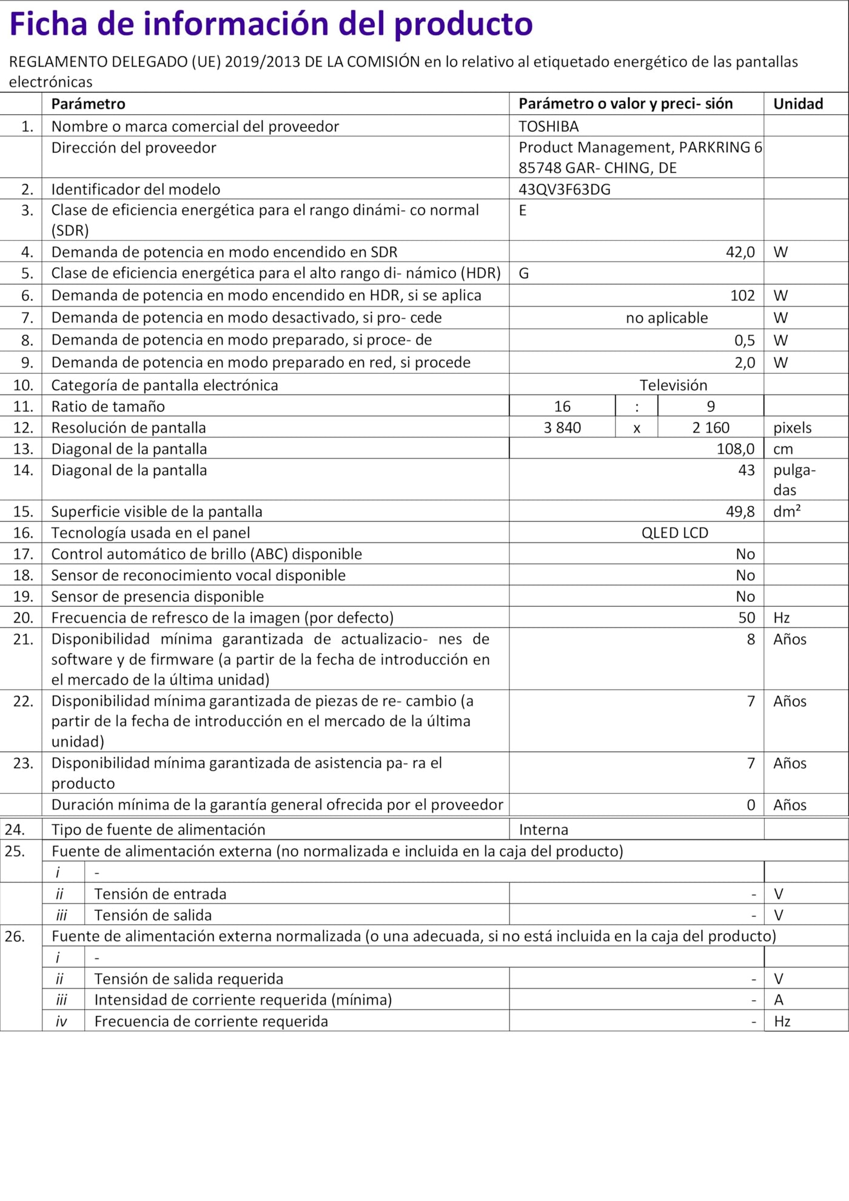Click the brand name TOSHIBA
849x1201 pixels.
[x=548, y=126]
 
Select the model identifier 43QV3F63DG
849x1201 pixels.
[x=564, y=189]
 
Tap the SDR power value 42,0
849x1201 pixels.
[x=740, y=252]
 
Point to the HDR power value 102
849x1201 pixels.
[x=742, y=296]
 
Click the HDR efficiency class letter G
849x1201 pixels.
[x=524, y=274]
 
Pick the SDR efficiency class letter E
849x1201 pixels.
[x=523, y=211]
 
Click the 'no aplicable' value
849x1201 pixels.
[x=666, y=318]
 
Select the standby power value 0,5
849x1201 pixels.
[x=744, y=340]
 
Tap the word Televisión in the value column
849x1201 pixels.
[x=673, y=385]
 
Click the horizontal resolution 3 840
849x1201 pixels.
[x=562, y=428]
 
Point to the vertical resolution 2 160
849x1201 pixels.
[x=711, y=428]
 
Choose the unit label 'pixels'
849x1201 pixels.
[x=792, y=428]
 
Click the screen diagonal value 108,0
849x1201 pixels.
[x=735, y=449]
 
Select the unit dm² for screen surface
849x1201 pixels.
[x=787, y=512]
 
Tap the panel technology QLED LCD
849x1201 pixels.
[x=674, y=533]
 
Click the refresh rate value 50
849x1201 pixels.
[x=747, y=618]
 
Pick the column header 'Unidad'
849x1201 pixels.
[x=797, y=104]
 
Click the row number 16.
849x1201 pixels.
[x=23, y=533]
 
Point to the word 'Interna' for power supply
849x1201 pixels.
[x=543, y=830]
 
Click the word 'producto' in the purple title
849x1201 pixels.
[x=463, y=24]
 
